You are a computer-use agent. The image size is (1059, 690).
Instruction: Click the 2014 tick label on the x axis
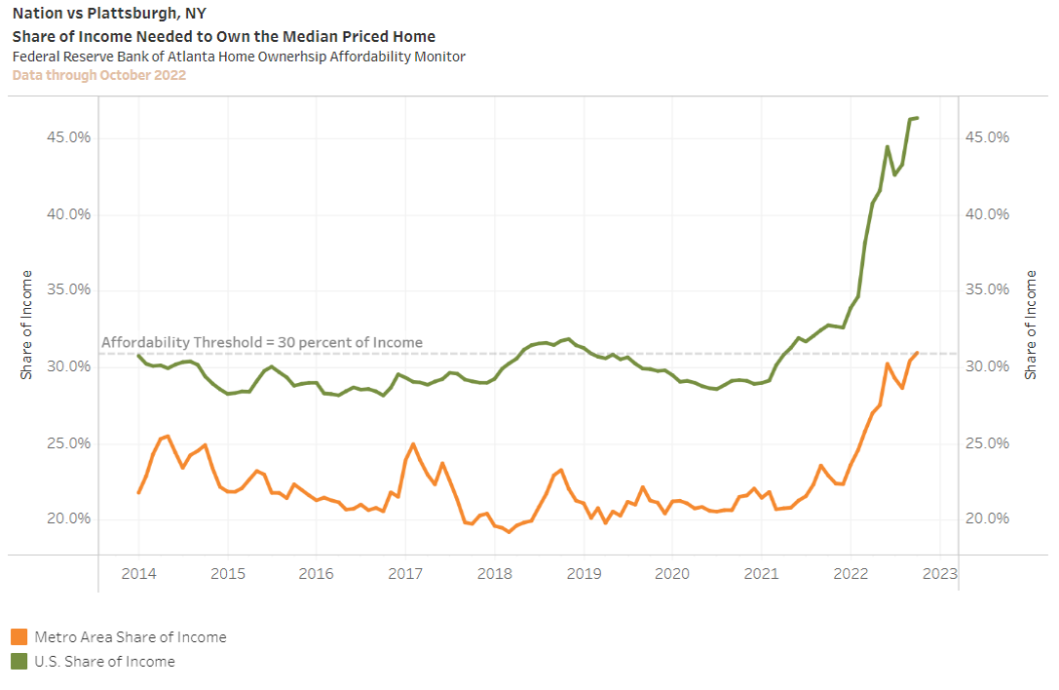(138, 573)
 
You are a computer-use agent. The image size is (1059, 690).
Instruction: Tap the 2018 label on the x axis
(494, 573)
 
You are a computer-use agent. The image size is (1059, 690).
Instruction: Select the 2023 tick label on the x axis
(939, 573)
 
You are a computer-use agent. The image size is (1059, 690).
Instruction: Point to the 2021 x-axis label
(761, 573)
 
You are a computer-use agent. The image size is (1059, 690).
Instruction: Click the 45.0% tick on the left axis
(69, 137)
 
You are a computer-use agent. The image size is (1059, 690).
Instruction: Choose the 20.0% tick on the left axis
(69, 518)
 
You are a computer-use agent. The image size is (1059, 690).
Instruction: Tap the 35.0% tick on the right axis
(986, 289)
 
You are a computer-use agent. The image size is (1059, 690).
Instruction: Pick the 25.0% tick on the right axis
(986, 442)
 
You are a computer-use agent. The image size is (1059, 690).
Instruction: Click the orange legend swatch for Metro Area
(19, 637)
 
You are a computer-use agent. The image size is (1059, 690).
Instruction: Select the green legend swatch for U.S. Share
(19, 662)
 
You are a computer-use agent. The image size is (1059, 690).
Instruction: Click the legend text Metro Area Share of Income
(131, 637)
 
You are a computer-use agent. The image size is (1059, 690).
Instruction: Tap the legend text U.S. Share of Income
(105, 662)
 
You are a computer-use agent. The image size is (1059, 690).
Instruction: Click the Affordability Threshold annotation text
(262, 342)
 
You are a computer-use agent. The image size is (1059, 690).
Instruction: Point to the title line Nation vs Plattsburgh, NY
(109, 14)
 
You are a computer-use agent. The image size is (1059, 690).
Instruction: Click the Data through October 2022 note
(99, 75)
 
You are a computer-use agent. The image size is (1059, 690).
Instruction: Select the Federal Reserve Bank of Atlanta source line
(239, 57)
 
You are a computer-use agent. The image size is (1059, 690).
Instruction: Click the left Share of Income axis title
(26, 325)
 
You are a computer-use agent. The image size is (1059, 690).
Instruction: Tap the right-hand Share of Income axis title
(1031, 325)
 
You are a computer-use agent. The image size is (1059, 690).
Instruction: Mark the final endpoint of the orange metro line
(917, 353)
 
